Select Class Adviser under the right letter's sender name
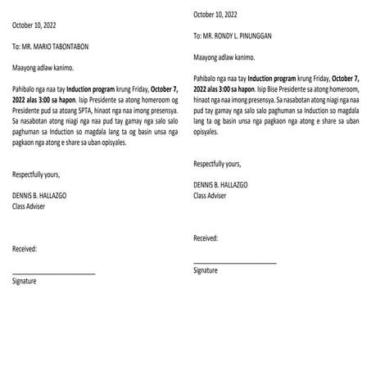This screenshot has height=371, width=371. [212, 196]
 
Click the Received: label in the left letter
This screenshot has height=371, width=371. [25, 248]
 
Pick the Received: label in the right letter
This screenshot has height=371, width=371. [206, 238]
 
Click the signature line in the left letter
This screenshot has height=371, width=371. [54, 271]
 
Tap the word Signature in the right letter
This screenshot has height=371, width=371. [206, 269]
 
